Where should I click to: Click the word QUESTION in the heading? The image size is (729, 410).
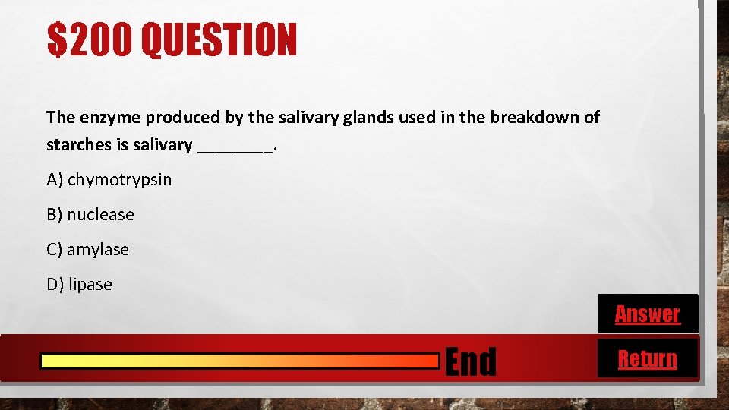point(219,40)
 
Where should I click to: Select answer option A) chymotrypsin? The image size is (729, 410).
point(109,180)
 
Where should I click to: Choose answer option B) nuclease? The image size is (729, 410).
point(90,215)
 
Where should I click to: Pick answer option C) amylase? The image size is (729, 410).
point(87,250)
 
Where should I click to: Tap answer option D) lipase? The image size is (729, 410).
point(79,285)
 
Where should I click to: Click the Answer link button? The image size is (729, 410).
point(647,314)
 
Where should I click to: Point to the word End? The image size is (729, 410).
point(470,361)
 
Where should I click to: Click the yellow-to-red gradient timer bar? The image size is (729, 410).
point(239,361)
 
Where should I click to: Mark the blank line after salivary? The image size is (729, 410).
point(234,146)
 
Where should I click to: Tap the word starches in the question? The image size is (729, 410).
point(79,145)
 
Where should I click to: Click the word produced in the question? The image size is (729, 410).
point(183,118)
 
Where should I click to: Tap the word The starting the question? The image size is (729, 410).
point(59,118)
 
